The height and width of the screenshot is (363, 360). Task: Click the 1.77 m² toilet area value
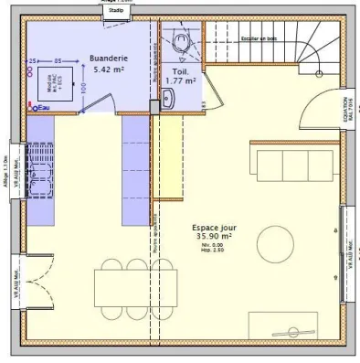point(180,80)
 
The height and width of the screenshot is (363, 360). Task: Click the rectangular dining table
point(137,283)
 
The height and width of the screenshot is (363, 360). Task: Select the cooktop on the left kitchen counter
point(41,183)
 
